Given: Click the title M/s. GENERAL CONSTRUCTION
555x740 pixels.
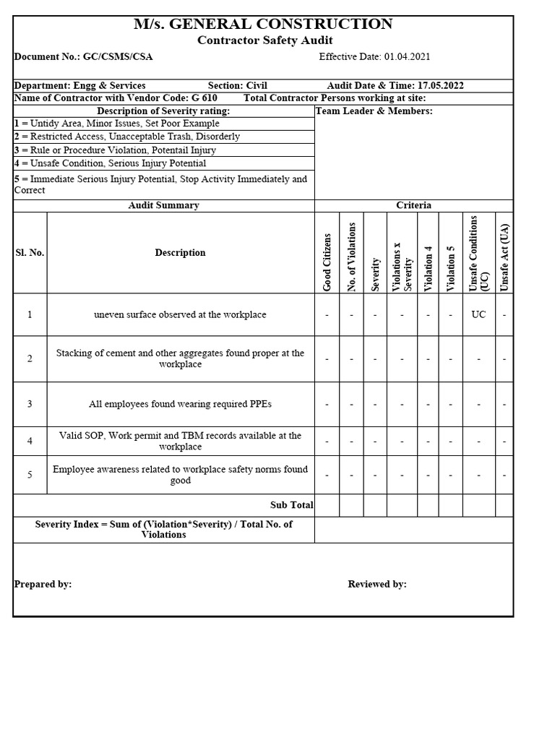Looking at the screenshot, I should [x=263, y=24].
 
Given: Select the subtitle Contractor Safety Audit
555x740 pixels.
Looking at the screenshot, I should [x=265, y=41].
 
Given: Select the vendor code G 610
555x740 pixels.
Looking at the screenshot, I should [x=205, y=98].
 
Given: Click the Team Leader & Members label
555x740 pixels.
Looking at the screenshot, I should [x=374, y=111].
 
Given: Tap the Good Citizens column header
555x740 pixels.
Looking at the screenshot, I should [x=327, y=262].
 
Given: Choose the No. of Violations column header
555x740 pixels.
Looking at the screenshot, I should [x=352, y=257].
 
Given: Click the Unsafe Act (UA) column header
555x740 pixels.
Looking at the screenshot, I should [x=504, y=257].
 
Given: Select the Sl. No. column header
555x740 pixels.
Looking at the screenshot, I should [x=30, y=253].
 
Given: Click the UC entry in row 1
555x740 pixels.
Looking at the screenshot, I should [x=478, y=315].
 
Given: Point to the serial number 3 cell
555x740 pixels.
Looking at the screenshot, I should [x=30, y=404].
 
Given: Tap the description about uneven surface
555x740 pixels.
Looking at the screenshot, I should [x=180, y=315].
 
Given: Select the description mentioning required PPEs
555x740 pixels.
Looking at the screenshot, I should [x=180, y=404].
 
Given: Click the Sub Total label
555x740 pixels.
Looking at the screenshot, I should [x=291, y=505].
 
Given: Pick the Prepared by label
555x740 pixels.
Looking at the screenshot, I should [x=43, y=584].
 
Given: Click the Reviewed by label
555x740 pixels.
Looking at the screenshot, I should [x=377, y=584].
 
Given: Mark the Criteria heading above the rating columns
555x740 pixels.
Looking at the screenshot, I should [x=413, y=205].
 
